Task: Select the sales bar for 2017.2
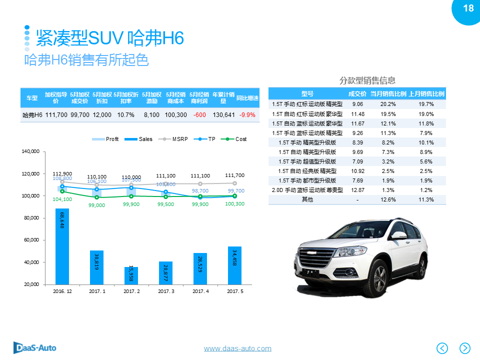(x=131, y=275)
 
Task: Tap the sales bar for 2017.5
(x=234, y=265)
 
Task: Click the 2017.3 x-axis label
(x=165, y=291)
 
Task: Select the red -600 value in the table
(x=199, y=114)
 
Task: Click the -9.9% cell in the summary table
(x=247, y=114)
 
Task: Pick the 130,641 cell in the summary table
(x=223, y=114)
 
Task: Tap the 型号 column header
(x=307, y=93)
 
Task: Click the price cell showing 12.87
(x=357, y=190)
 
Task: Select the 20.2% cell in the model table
(x=388, y=104)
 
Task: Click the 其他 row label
(x=307, y=199)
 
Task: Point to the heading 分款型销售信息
(x=367, y=80)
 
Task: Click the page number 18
(x=468, y=8)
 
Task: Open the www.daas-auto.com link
(x=237, y=348)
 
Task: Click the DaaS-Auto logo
(x=34, y=347)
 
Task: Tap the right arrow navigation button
(x=465, y=348)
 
